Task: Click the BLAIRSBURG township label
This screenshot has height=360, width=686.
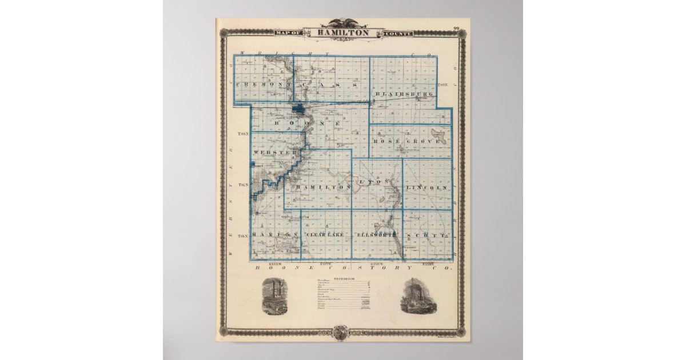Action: point(401,93)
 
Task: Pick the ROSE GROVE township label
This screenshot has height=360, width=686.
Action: point(406,141)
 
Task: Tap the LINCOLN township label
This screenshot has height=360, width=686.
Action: point(425,187)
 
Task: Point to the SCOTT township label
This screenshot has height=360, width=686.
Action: point(425,235)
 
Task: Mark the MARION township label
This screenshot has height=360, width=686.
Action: point(276,235)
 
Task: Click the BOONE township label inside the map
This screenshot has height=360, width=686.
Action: point(307,123)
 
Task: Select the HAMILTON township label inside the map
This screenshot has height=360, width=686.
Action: point(322,187)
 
